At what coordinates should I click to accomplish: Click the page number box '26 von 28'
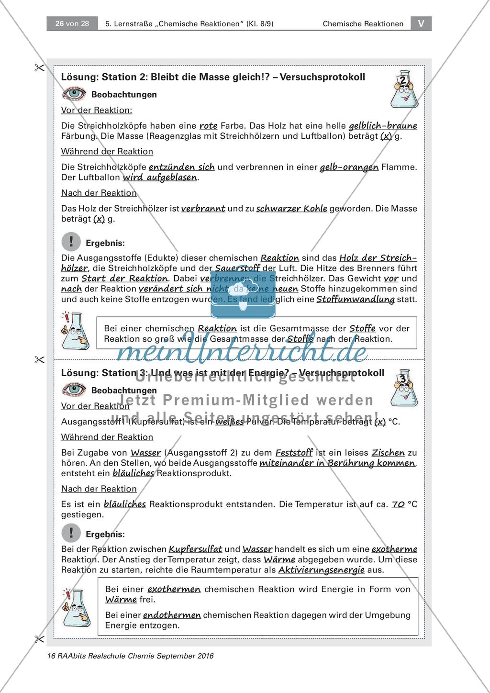(x=72, y=23)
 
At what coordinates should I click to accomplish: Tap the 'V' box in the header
(x=421, y=23)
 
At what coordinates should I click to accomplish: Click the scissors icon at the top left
(x=39, y=68)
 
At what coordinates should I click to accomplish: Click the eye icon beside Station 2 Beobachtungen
(x=74, y=94)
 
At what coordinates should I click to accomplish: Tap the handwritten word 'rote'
(x=209, y=126)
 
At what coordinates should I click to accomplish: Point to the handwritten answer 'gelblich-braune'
(x=383, y=126)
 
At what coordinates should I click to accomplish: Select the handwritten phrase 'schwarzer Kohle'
(x=292, y=209)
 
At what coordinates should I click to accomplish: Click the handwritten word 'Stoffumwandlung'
(x=356, y=300)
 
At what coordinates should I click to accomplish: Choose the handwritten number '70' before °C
(x=398, y=504)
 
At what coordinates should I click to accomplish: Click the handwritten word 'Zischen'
(x=388, y=452)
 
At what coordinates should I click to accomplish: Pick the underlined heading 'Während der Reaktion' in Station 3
(x=107, y=437)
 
